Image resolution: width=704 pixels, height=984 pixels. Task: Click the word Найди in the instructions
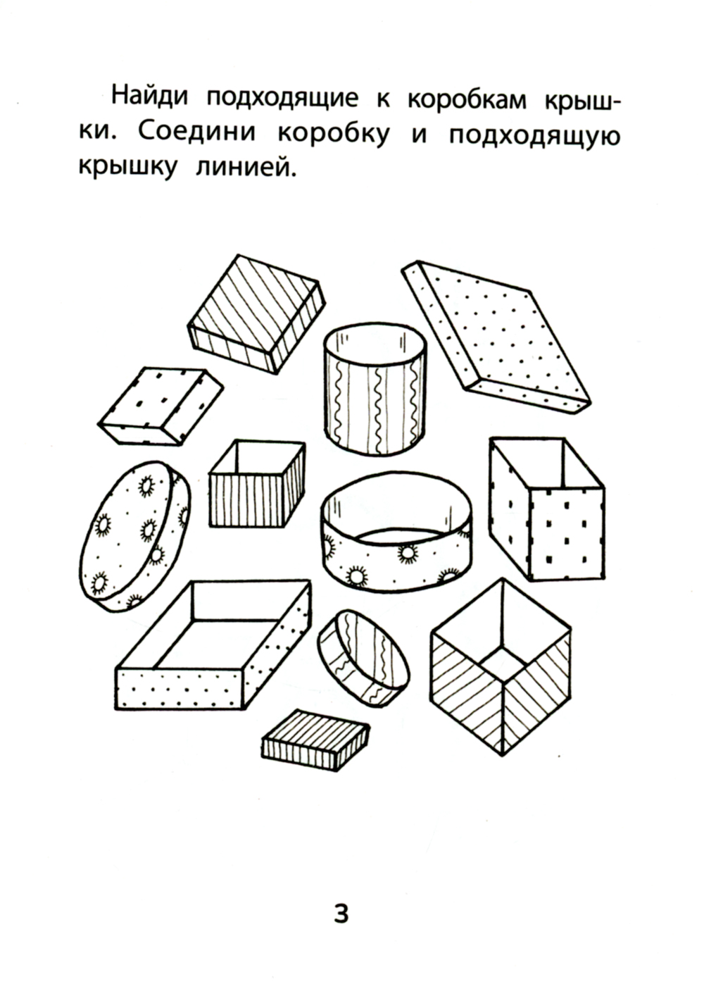150,96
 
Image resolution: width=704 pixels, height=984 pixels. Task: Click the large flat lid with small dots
496,337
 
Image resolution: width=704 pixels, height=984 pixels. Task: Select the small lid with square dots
161,406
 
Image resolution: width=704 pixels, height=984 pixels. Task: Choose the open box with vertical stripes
257,484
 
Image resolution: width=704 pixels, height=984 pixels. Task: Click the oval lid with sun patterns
135,536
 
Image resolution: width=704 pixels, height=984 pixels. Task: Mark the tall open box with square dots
547,509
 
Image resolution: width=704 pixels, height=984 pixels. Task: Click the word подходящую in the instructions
534,135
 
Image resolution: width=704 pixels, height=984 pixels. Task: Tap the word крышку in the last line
127,167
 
